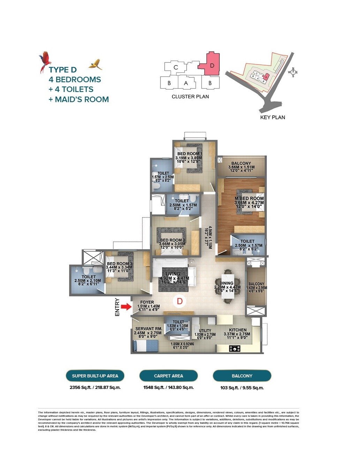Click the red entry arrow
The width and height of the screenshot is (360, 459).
coord(126,307)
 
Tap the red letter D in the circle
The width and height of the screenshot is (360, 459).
coord(180,301)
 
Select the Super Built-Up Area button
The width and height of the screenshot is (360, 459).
coord(95,376)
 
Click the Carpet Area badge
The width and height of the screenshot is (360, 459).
coord(168,376)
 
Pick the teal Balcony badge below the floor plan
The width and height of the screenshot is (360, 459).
coord(242,376)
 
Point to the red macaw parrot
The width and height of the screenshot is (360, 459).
coord(45,61)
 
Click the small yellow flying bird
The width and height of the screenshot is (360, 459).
coord(95,64)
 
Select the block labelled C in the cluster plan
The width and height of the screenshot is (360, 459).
coord(176,67)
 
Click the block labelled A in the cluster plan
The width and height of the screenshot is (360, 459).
coord(186,83)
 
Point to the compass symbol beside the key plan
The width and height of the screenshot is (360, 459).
coord(293,72)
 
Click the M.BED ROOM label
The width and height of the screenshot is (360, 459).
coord(249,198)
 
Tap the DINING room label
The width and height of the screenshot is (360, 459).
coord(227,283)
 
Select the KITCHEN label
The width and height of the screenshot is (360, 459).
coord(238,330)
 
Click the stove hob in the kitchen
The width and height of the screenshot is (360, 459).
coord(235,348)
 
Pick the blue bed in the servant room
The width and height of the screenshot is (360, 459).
coord(145,346)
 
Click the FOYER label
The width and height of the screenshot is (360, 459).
coord(147,302)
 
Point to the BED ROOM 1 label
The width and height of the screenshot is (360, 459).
coord(189,154)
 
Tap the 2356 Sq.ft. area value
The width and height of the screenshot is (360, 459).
coord(80,388)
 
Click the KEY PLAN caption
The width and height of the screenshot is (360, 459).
coord(272,117)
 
